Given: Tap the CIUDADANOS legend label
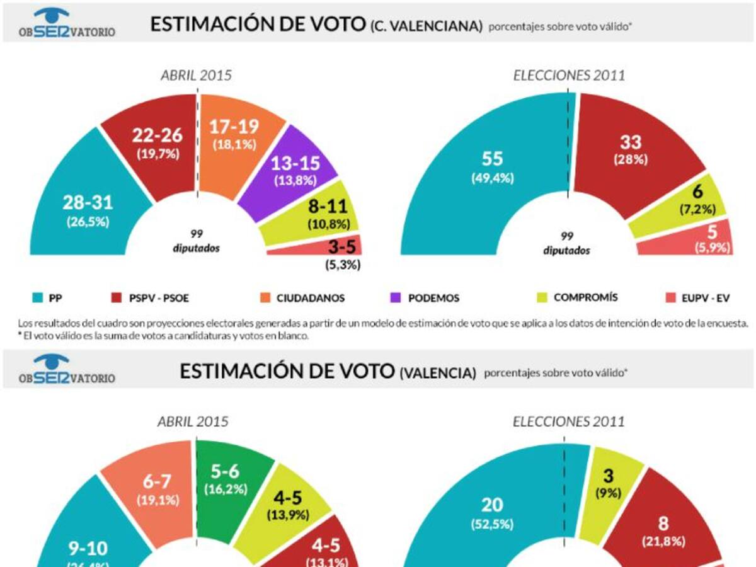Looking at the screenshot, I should coord(311,298).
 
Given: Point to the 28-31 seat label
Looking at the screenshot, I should coord(87,203).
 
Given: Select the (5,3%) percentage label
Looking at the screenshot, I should coord(343,265).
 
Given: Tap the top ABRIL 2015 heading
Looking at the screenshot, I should coord(197,76).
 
